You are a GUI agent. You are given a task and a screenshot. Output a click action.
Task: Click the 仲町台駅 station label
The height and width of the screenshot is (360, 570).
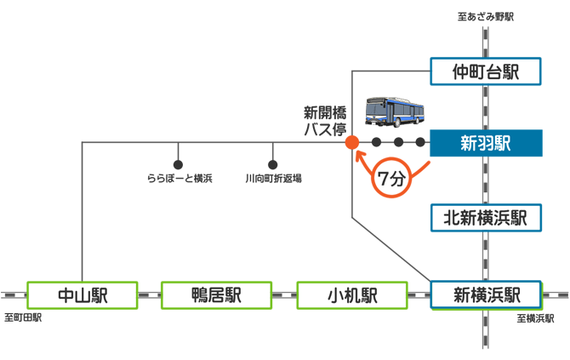pos(486,71)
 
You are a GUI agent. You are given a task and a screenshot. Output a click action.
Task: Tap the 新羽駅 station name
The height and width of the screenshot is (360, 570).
pos(486,143)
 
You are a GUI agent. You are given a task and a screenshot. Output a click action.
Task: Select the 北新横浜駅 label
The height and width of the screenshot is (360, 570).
pos(486,218)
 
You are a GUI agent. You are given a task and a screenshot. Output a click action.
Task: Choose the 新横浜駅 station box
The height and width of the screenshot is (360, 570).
pos(486,295)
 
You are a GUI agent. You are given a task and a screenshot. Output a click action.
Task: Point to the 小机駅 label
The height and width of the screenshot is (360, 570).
pos(352,295)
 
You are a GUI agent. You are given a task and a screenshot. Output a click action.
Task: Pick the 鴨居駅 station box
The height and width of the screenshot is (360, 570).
pos(216,295)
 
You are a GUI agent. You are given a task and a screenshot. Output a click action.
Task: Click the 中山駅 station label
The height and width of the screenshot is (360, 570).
pos(83,295)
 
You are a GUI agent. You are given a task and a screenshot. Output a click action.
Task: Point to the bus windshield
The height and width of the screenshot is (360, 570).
pos(373,109)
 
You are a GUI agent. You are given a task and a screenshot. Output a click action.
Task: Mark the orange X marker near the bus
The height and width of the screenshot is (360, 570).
pos(348,140)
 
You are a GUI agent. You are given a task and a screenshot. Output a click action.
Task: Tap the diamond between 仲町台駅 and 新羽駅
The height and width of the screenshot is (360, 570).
pos(486,107)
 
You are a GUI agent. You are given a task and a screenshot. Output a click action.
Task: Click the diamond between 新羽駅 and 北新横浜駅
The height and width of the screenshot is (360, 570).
pos(486,180)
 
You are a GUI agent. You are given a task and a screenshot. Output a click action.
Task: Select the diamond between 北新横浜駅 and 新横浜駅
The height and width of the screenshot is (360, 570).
pos(486,256)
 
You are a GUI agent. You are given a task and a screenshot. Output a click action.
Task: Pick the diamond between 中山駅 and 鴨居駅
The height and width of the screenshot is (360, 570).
pos(150,295)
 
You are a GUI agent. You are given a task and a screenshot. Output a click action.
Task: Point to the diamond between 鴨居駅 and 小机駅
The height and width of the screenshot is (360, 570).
pos(284,295)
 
